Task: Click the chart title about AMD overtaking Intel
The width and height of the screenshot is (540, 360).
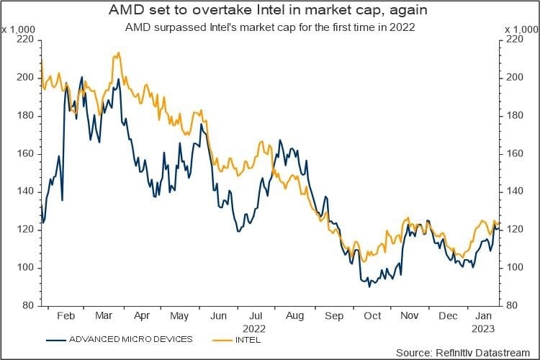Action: coord(270,12)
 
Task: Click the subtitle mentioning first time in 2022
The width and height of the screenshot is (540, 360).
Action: coord(270,27)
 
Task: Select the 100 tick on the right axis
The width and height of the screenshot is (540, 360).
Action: coord(512,267)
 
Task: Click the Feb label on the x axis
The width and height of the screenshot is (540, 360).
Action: coord(66,315)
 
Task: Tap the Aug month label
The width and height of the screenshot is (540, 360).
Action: coord(294,315)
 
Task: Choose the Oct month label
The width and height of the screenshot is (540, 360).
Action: coord(372,315)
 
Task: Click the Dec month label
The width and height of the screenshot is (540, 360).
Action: coord(449,315)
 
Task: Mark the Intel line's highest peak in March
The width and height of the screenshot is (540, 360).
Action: coord(116,53)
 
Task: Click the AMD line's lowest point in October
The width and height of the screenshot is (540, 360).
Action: coord(369,287)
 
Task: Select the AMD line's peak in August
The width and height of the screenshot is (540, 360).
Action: coord(280,140)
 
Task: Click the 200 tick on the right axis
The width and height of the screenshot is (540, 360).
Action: coord(512,78)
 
